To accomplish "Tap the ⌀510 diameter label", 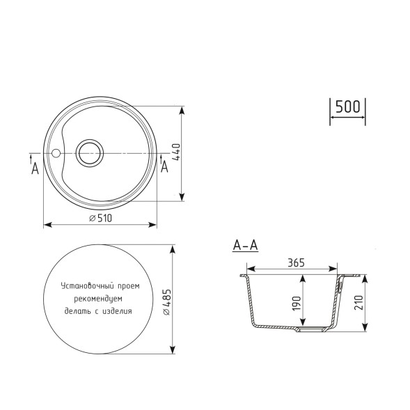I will (x=102, y=218).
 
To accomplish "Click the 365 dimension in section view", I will (x=296, y=263).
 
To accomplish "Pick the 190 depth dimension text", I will (x=297, y=303).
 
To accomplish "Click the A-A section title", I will (x=246, y=245).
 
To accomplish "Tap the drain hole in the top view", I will (x=90, y=152).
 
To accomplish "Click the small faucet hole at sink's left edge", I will (x=56, y=152).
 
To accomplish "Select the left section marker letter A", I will (x=35, y=168).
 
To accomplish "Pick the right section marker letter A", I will (x=164, y=167).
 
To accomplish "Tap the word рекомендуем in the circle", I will (x=99, y=298).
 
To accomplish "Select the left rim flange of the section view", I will (x=244, y=276).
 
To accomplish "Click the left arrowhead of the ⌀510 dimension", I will (x=47, y=225).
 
